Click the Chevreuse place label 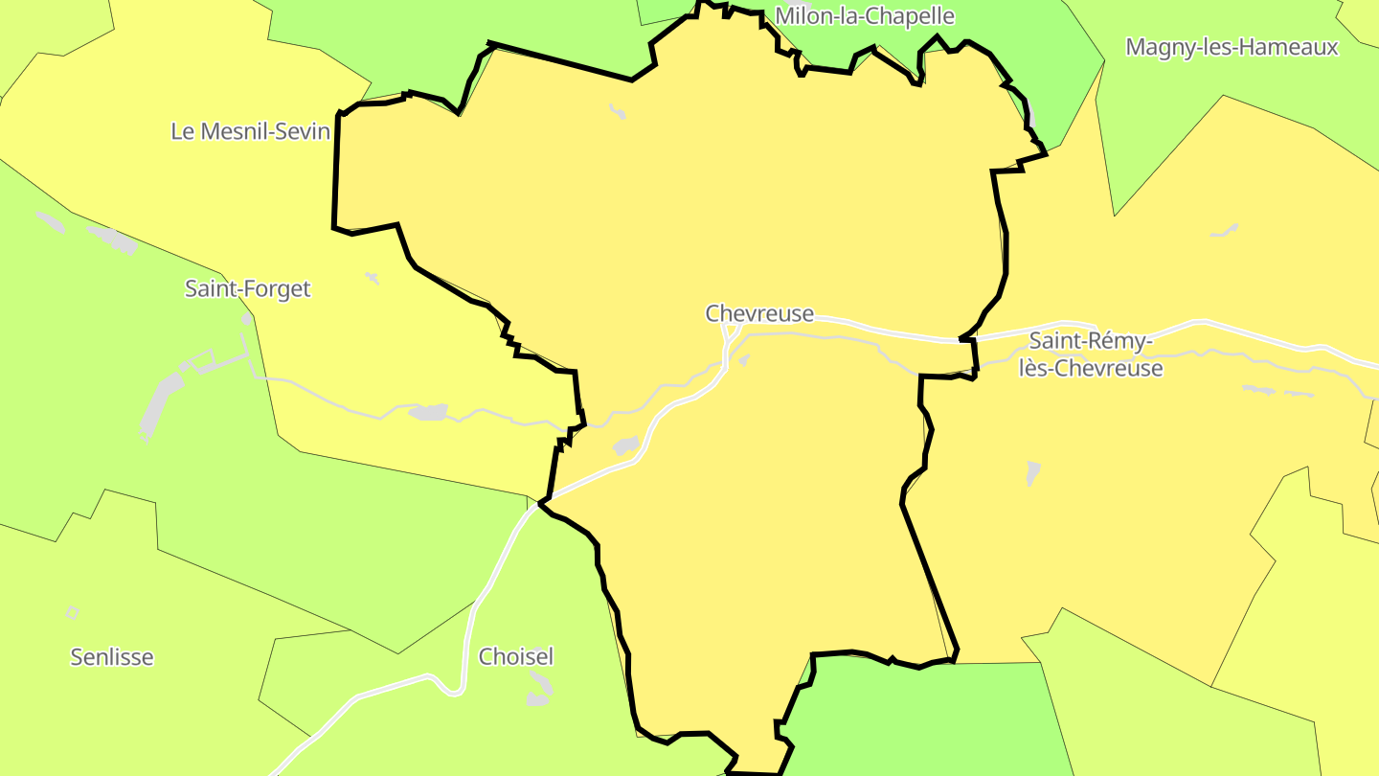[759, 313]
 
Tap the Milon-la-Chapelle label [864, 16]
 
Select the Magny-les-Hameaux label [1232, 47]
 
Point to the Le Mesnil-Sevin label [250, 131]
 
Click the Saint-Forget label [247, 288]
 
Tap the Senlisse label [112, 657]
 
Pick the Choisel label [515, 657]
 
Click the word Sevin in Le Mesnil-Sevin [300, 131]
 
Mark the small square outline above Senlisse [72, 613]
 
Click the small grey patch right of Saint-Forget [372, 278]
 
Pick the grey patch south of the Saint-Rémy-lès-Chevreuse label [1032, 473]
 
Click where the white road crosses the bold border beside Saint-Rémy [967, 338]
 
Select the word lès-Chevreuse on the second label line [1091, 369]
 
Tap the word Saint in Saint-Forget [211, 288]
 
